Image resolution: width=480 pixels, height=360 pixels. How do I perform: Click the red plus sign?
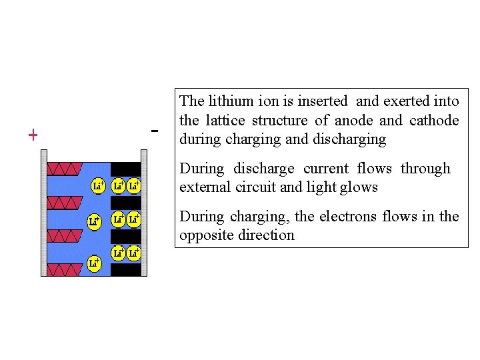33,135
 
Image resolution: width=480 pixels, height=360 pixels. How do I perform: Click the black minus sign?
155,131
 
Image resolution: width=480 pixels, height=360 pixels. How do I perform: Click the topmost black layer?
125,168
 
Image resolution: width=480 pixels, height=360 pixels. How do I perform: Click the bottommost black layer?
125,270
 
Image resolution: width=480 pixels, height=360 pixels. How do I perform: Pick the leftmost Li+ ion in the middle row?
95,220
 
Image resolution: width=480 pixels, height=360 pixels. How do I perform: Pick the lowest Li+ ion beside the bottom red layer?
95,263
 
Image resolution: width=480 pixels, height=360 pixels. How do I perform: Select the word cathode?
434,121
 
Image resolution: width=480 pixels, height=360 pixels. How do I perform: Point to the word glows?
360,187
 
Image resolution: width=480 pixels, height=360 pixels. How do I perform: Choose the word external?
204,187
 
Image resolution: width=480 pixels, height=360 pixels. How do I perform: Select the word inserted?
323,101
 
